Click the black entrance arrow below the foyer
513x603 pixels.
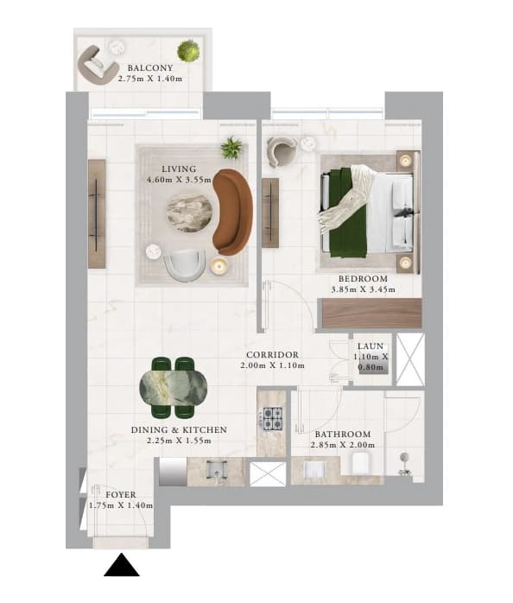point(122,565)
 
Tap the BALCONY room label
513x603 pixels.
point(150,68)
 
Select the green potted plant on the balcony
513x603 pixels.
point(188,51)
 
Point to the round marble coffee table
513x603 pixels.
point(189,213)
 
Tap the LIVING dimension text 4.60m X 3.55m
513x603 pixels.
point(179,180)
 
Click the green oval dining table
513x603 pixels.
point(174,388)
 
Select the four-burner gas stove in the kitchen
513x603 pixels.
point(273,418)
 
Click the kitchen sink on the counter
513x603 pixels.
point(217,471)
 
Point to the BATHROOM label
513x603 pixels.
point(343,435)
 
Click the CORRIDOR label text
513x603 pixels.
point(272,354)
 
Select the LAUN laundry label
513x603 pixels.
point(370,346)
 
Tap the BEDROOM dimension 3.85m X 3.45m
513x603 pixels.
point(363,289)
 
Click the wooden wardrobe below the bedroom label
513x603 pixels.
point(372,313)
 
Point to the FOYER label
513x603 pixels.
point(121,494)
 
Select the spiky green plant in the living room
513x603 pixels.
point(231,148)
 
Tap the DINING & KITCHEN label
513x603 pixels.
point(179,430)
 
